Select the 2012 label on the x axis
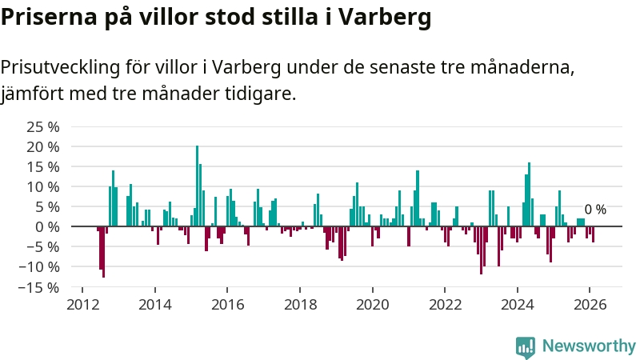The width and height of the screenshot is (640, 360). pos(82,304)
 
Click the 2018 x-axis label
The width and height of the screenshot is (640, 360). pos(300,304)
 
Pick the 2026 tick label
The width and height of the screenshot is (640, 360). pos(590,304)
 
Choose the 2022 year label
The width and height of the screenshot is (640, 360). pos(445,304)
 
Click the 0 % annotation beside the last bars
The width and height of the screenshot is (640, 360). pos(595,210)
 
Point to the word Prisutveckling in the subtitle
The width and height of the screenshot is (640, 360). pos(67,67)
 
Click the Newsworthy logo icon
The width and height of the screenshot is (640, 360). pos(525,346)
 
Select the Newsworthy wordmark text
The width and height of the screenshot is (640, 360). pos(589,346)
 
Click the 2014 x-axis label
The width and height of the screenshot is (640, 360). pos(155,304)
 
